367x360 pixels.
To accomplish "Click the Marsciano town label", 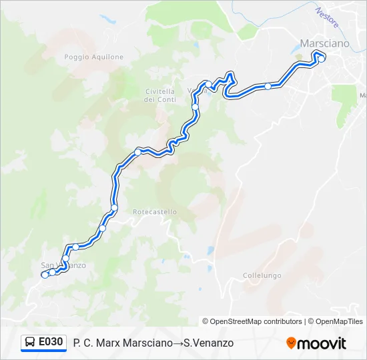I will point(324,43).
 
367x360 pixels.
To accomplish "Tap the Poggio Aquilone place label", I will point(94,57).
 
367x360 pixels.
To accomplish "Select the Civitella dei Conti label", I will point(159,95).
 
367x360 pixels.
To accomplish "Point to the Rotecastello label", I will point(155,212).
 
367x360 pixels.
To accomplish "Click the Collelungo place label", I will point(262,275).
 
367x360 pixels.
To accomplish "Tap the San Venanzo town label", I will point(63,265).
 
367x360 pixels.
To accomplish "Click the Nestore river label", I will point(328,17).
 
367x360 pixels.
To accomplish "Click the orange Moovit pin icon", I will point(291,343).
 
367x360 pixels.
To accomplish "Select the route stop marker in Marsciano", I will point(322,59).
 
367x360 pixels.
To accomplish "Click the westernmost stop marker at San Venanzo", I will point(45,274).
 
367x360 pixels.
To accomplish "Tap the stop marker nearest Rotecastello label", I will point(114,208).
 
